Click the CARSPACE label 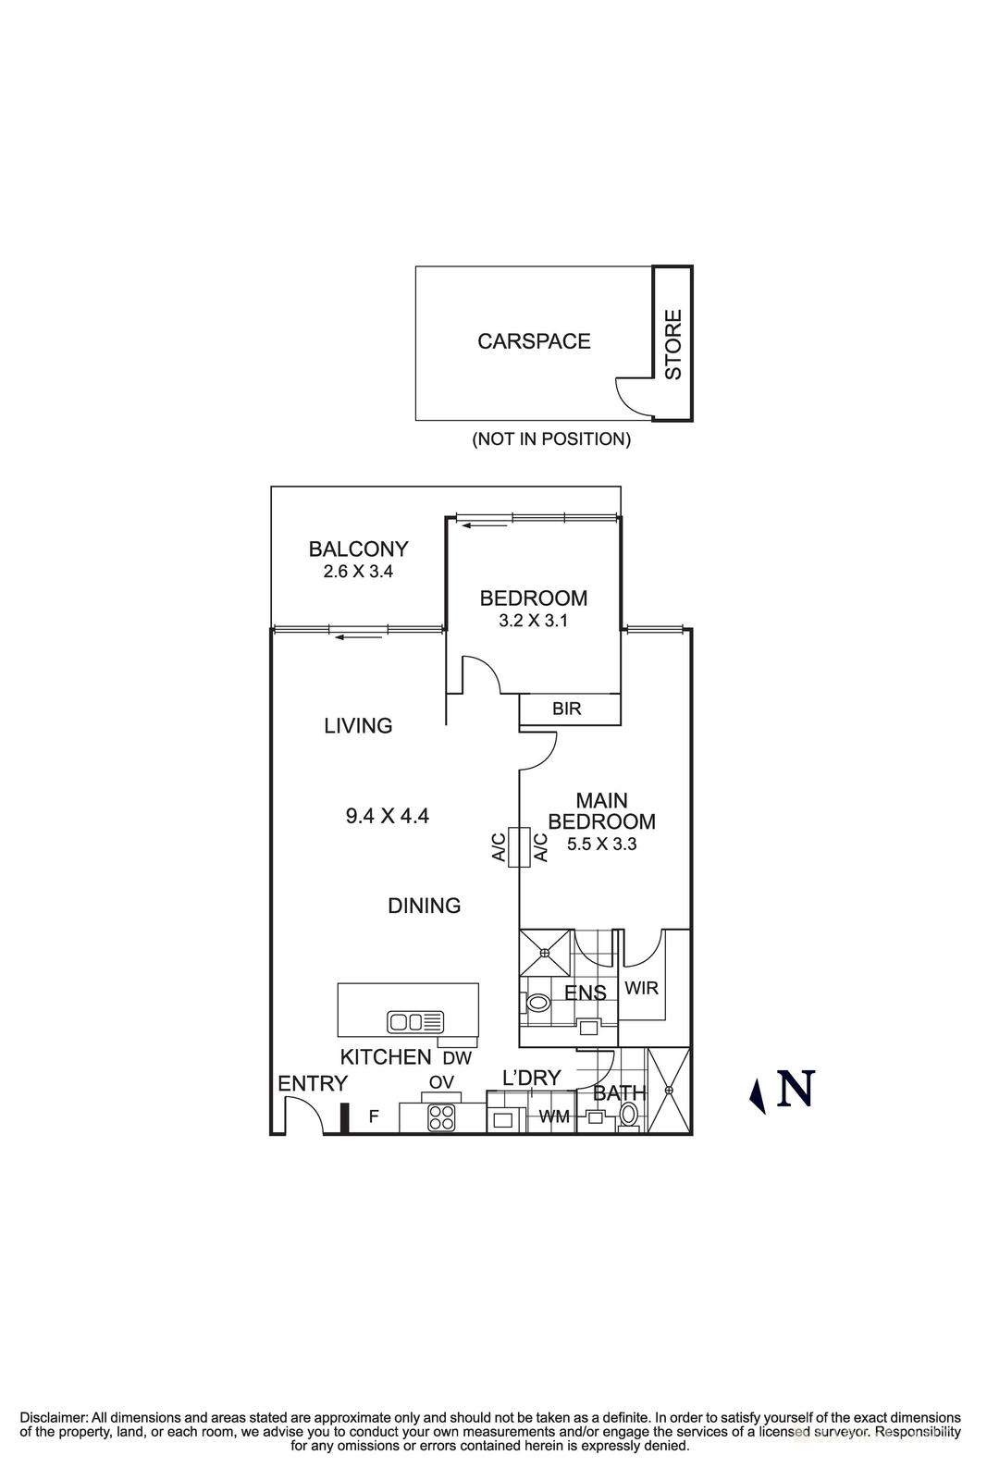[x=534, y=341]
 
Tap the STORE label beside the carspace [x=673, y=344]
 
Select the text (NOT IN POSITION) [x=551, y=439]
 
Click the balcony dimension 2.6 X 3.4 [x=358, y=572]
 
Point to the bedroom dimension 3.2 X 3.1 [x=533, y=621]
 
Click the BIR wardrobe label [x=566, y=709]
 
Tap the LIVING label [x=358, y=726]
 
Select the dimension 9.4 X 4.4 [x=387, y=816]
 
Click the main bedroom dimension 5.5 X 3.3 [x=601, y=844]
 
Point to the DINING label [x=424, y=906]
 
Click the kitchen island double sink [x=415, y=1021]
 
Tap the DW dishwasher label [x=457, y=1058]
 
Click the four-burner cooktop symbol [x=441, y=1117]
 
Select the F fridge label [x=374, y=1116]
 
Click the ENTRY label [x=313, y=1083]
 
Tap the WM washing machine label [x=554, y=1117]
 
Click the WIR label [x=641, y=988]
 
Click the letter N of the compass [x=796, y=1089]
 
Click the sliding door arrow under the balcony [x=347, y=636]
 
